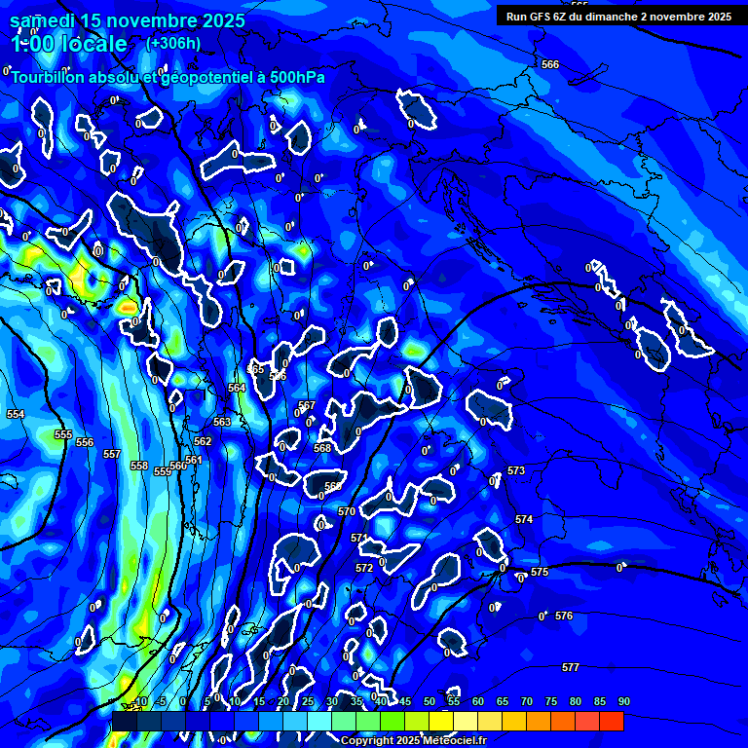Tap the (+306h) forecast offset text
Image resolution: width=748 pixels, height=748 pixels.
[173, 43]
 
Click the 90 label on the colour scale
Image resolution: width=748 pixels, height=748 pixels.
[623, 701]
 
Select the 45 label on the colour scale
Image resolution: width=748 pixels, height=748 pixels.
[404, 701]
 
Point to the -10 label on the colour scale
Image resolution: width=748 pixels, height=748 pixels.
[139, 701]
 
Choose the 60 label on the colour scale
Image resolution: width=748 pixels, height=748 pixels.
[477, 701]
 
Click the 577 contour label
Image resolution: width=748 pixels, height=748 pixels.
[571, 667]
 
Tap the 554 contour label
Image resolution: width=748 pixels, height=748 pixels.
[16, 414]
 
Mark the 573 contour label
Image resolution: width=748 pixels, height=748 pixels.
[516, 470]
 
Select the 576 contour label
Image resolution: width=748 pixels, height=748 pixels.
[564, 616]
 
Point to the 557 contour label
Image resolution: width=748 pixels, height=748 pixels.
[112, 454]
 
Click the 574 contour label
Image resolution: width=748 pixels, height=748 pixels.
[524, 520]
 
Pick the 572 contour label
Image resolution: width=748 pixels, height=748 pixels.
[364, 568]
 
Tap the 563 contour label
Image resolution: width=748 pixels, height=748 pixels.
[222, 422]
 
